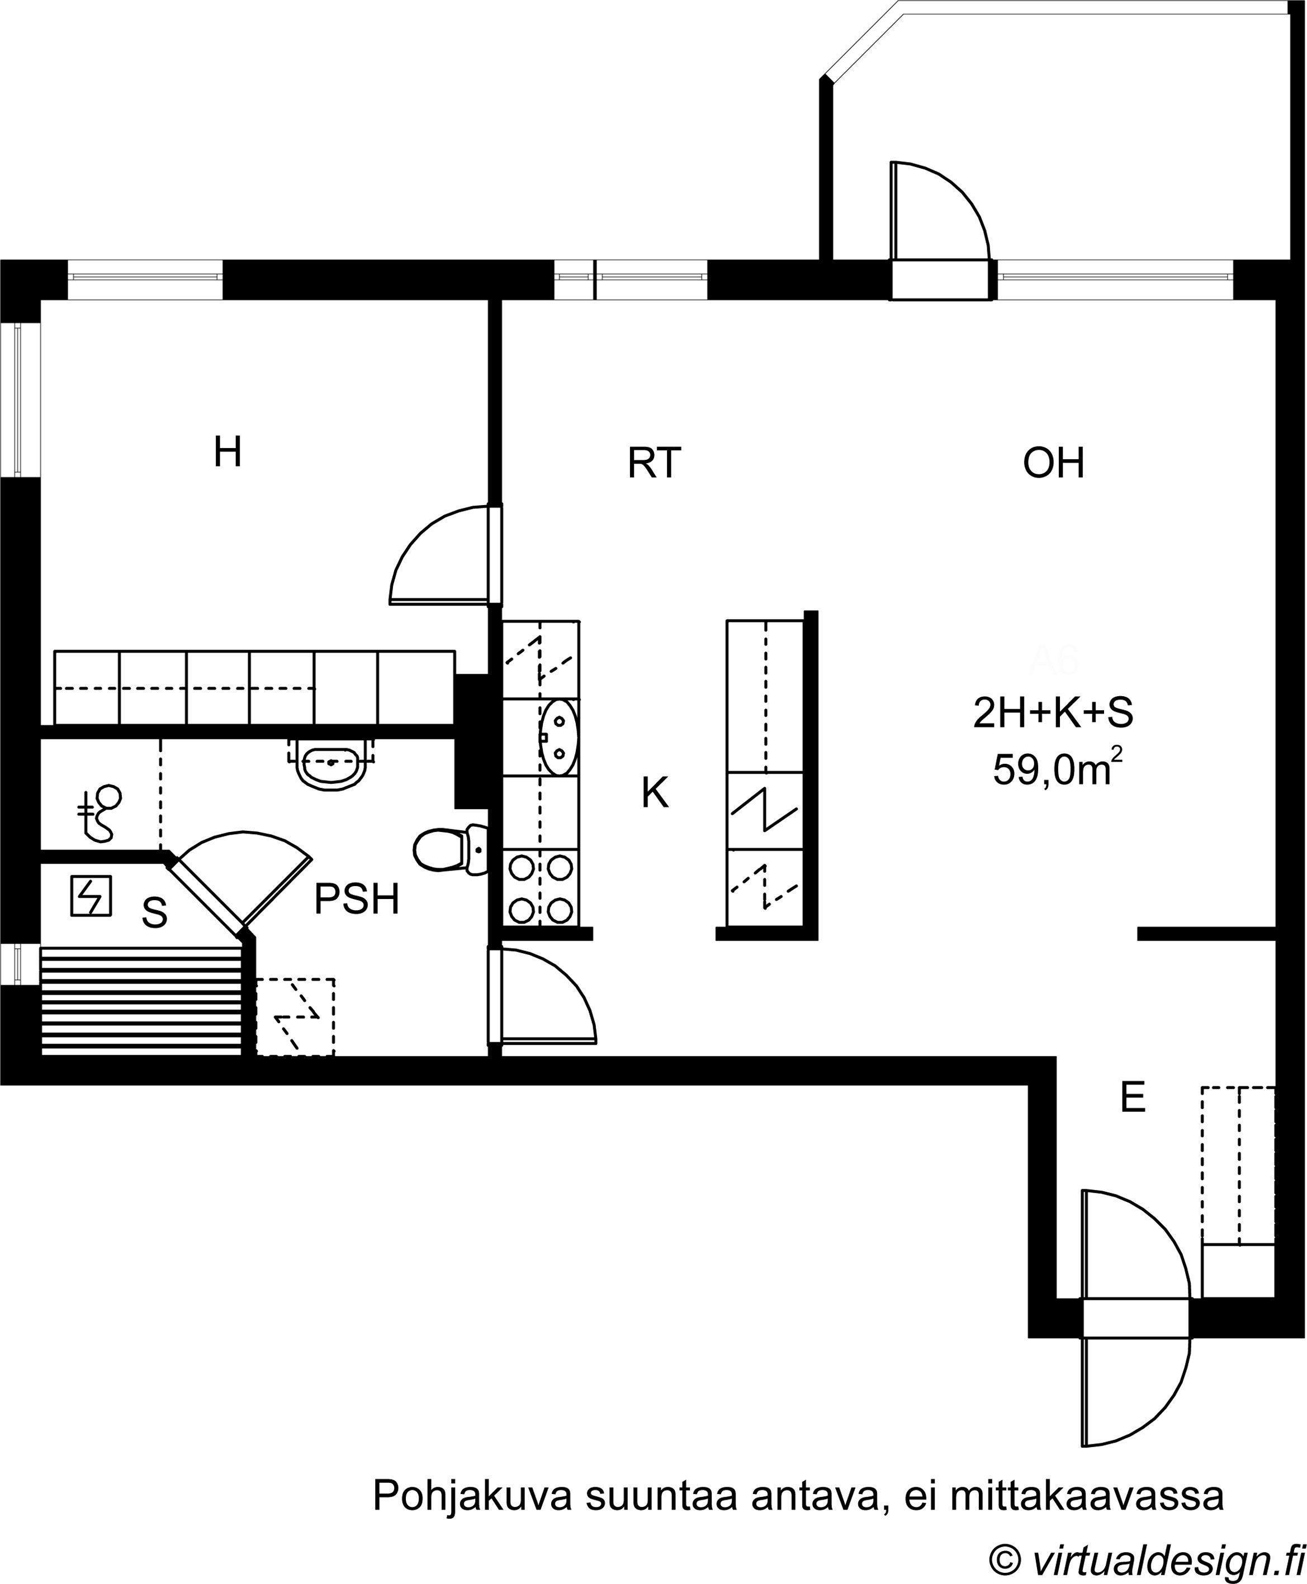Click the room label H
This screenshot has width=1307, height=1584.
(x=228, y=452)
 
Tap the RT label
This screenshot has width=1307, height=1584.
(x=654, y=463)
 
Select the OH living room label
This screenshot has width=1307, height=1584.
(x=1053, y=463)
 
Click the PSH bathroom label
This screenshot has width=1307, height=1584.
(x=356, y=899)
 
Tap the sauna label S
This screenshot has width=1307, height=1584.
(x=154, y=913)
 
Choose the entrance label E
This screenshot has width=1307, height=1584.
(x=1133, y=1097)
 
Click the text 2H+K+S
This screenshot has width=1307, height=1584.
(x=1053, y=713)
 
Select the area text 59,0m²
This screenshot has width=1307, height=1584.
(x=1057, y=769)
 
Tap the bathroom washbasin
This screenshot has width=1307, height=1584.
(x=332, y=762)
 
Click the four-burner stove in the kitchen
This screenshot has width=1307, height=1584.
(x=541, y=889)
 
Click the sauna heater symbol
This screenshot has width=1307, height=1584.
(x=91, y=896)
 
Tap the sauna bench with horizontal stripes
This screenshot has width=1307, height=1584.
(x=141, y=1002)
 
